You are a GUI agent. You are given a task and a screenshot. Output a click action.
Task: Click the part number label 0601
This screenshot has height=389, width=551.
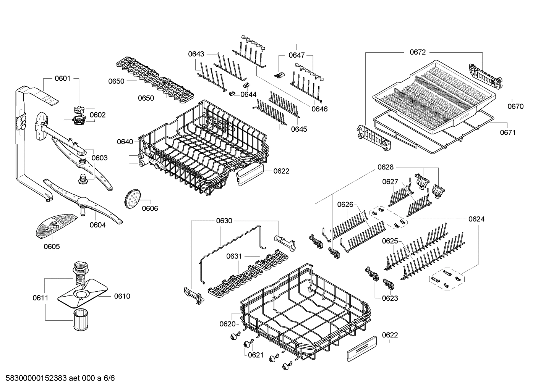coord(62,79)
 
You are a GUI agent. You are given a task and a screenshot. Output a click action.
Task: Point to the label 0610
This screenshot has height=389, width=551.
coord(122,296)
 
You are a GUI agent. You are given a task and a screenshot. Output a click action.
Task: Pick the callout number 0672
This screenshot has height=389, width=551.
coord(417,52)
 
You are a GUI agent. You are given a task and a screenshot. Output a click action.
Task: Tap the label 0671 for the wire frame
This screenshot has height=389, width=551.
coord(507,132)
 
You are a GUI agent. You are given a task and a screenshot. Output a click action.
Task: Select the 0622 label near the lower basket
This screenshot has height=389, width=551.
coord(390,335)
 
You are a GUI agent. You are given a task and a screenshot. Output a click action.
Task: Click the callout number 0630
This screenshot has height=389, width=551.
coord(224,221)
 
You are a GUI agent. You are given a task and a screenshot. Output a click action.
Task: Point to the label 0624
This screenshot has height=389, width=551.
coord(476,219)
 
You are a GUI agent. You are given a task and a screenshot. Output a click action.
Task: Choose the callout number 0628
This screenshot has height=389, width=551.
coord(385,167)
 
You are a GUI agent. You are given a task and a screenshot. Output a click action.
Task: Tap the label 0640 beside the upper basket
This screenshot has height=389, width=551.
coord(125,142)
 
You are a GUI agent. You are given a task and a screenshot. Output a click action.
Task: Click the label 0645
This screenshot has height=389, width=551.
coord(299,129)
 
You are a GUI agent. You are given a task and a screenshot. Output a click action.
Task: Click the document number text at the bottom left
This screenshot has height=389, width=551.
coord(58,378)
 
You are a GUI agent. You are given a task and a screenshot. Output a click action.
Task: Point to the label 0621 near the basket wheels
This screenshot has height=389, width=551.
coord(256,355)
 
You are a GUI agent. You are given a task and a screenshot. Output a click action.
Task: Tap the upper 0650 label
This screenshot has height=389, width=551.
coord(116,81)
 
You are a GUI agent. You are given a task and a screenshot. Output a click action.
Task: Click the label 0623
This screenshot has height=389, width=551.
coord(390,298)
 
